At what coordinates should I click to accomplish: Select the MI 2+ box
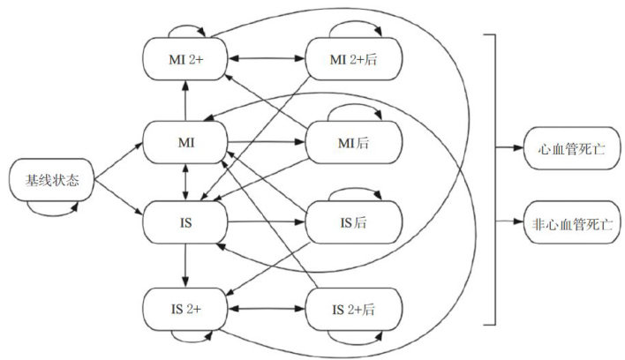tap(185, 59)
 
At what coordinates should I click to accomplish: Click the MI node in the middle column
tap(185, 142)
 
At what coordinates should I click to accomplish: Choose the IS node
tap(185, 224)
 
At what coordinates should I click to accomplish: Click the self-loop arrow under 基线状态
tap(53, 208)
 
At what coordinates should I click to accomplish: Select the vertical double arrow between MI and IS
tap(185, 184)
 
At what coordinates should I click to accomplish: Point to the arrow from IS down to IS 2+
tap(185, 265)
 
